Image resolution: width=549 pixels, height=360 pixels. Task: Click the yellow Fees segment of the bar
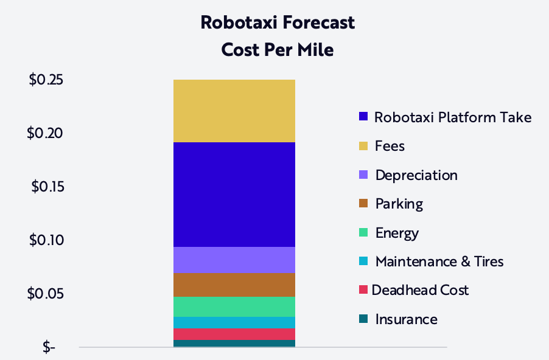point(234,111)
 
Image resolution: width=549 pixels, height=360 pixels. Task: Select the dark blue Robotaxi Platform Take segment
point(234,195)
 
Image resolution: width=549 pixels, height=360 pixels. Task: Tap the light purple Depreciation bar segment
point(234,260)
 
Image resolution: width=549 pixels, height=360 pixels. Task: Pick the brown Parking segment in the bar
point(234,285)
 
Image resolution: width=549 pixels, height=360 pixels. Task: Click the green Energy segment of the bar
point(234,306)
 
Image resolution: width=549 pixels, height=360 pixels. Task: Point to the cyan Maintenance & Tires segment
point(234,322)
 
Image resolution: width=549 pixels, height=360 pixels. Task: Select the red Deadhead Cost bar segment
point(234,334)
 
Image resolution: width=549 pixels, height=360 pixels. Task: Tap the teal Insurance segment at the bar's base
point(234,344)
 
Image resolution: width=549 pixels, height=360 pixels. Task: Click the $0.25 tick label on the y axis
point(47,80)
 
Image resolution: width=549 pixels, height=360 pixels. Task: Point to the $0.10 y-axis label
point(47,240)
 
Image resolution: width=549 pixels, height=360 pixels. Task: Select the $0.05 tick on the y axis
point(47,294)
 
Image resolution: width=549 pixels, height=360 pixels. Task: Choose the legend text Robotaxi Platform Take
point(453,117)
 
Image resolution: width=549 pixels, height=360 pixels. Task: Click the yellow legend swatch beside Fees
point(363,146)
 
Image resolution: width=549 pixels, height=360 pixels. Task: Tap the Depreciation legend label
point(416,175)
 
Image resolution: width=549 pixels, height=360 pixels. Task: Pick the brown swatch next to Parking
point(363,204)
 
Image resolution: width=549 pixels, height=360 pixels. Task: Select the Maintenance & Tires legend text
point(439,261)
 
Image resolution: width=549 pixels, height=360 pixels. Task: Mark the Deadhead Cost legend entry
point(420,290)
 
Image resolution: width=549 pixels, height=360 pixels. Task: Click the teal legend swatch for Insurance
point(363,319)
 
